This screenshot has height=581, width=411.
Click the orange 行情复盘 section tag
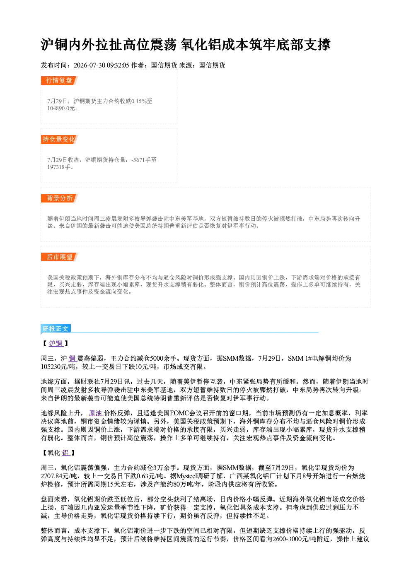59,80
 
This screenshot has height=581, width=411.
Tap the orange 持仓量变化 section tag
59,139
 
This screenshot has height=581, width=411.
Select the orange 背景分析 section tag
59,198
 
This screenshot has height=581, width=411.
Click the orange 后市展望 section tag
59,257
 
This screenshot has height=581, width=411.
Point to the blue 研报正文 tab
56,329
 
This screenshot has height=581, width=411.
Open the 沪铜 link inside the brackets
56,343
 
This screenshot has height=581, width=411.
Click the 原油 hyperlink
96,413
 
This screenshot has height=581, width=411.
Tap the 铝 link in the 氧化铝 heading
66,453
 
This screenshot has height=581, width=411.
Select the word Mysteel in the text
187,476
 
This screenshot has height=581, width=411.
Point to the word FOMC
179,413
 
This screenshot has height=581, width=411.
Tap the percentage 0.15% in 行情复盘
139,101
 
